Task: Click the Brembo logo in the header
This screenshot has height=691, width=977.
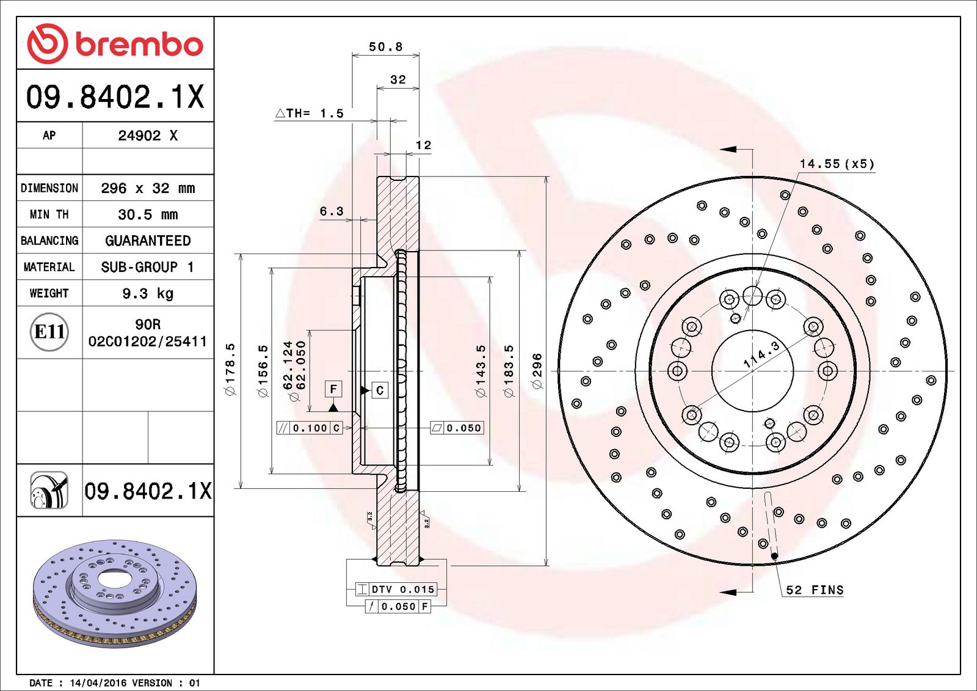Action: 115,43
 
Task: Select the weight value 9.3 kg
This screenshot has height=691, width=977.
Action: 148,293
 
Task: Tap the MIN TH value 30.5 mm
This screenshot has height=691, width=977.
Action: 148,214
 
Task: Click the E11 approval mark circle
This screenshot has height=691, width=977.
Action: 49,332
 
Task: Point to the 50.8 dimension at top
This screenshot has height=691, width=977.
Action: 385,46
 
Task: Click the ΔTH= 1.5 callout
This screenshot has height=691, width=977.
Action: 310,114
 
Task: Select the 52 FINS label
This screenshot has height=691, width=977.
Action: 815,590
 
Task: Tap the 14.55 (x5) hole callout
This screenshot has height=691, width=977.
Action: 837,164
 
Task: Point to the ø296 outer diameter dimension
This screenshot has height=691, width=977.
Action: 537,371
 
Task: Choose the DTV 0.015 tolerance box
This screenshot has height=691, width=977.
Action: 396,590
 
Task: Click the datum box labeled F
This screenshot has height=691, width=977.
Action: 333,389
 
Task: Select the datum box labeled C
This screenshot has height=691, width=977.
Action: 379,390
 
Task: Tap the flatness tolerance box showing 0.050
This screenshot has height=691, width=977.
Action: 457,428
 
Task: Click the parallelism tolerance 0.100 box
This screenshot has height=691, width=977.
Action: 309,428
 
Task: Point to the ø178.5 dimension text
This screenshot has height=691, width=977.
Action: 231,369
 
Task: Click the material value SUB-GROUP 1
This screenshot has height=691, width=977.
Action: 147,267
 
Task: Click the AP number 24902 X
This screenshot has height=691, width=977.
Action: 148,135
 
